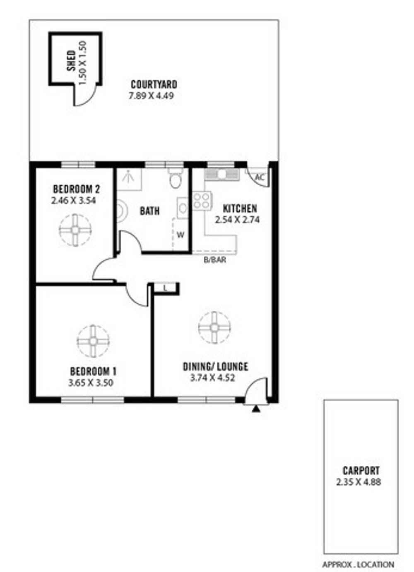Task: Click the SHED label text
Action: [72, 60]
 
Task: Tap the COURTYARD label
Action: [154, 84]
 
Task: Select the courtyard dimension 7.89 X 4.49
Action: [152, 96]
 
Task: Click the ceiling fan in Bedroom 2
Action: [75, 230]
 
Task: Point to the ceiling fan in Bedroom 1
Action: [93, 341]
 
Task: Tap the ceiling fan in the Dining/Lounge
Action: [214, 328]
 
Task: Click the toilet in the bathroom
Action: [176, 178]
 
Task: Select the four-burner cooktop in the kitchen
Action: [202, 201]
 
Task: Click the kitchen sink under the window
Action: [222, 174]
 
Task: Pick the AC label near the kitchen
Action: [260, 177]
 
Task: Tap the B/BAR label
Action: [215, 260]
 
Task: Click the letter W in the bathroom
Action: [181, 235]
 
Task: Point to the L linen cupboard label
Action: [165, 289]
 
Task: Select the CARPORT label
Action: [361, 470]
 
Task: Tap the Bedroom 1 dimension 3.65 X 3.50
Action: [91, 383]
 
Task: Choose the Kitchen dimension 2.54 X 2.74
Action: [237, 220]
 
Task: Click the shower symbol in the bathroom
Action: [129, 177]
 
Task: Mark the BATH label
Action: [150, 211]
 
